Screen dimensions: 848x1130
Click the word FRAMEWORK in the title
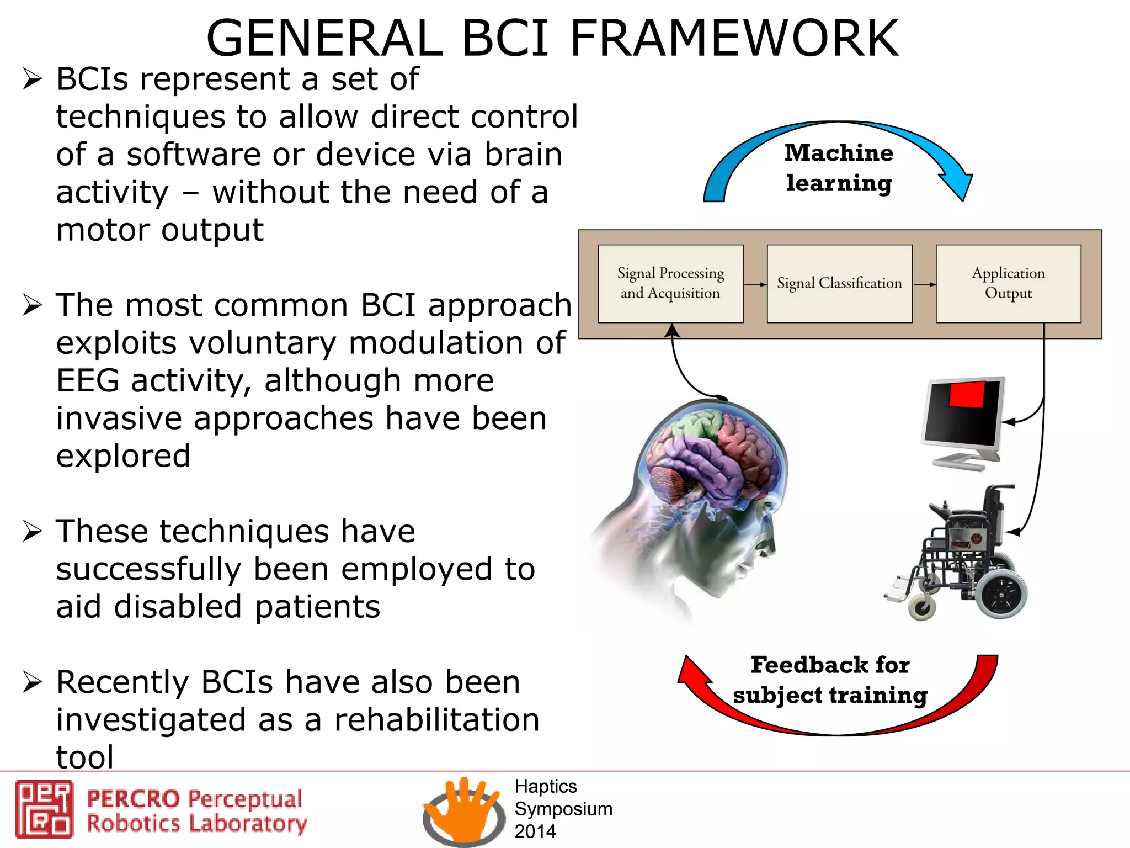[x=734, y=39]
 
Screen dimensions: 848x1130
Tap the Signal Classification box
[x=839, y=284]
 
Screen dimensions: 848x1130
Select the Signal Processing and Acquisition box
[x=670, y=284]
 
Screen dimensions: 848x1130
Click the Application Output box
[x=1008, y=284]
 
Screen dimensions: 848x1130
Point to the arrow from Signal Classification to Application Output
[x=925, y=285]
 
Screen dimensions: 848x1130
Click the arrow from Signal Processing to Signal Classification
[x=755, y=285]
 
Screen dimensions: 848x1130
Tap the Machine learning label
[x=839, y=168]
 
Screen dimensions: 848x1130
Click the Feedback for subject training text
[x=830, y=680]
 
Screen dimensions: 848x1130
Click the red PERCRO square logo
[x=44, y=809]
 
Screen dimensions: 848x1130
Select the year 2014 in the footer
[x=535, y=831]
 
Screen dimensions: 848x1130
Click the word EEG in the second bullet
[x=87, y=381]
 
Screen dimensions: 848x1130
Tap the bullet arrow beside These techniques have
[x=32, y=531]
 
